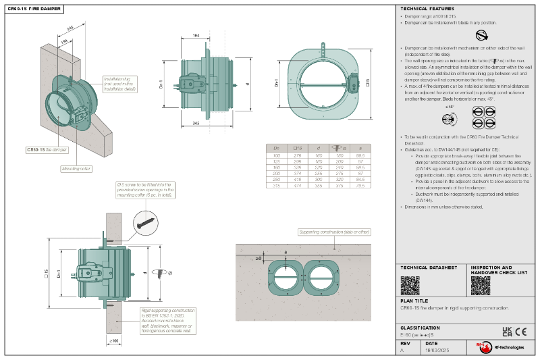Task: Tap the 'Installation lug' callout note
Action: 120,83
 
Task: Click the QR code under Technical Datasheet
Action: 410,285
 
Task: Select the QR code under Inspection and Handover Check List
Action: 480,285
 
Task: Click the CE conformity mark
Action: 520,331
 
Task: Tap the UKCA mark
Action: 507,331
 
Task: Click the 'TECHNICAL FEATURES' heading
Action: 423,9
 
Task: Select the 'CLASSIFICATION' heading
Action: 420,328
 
